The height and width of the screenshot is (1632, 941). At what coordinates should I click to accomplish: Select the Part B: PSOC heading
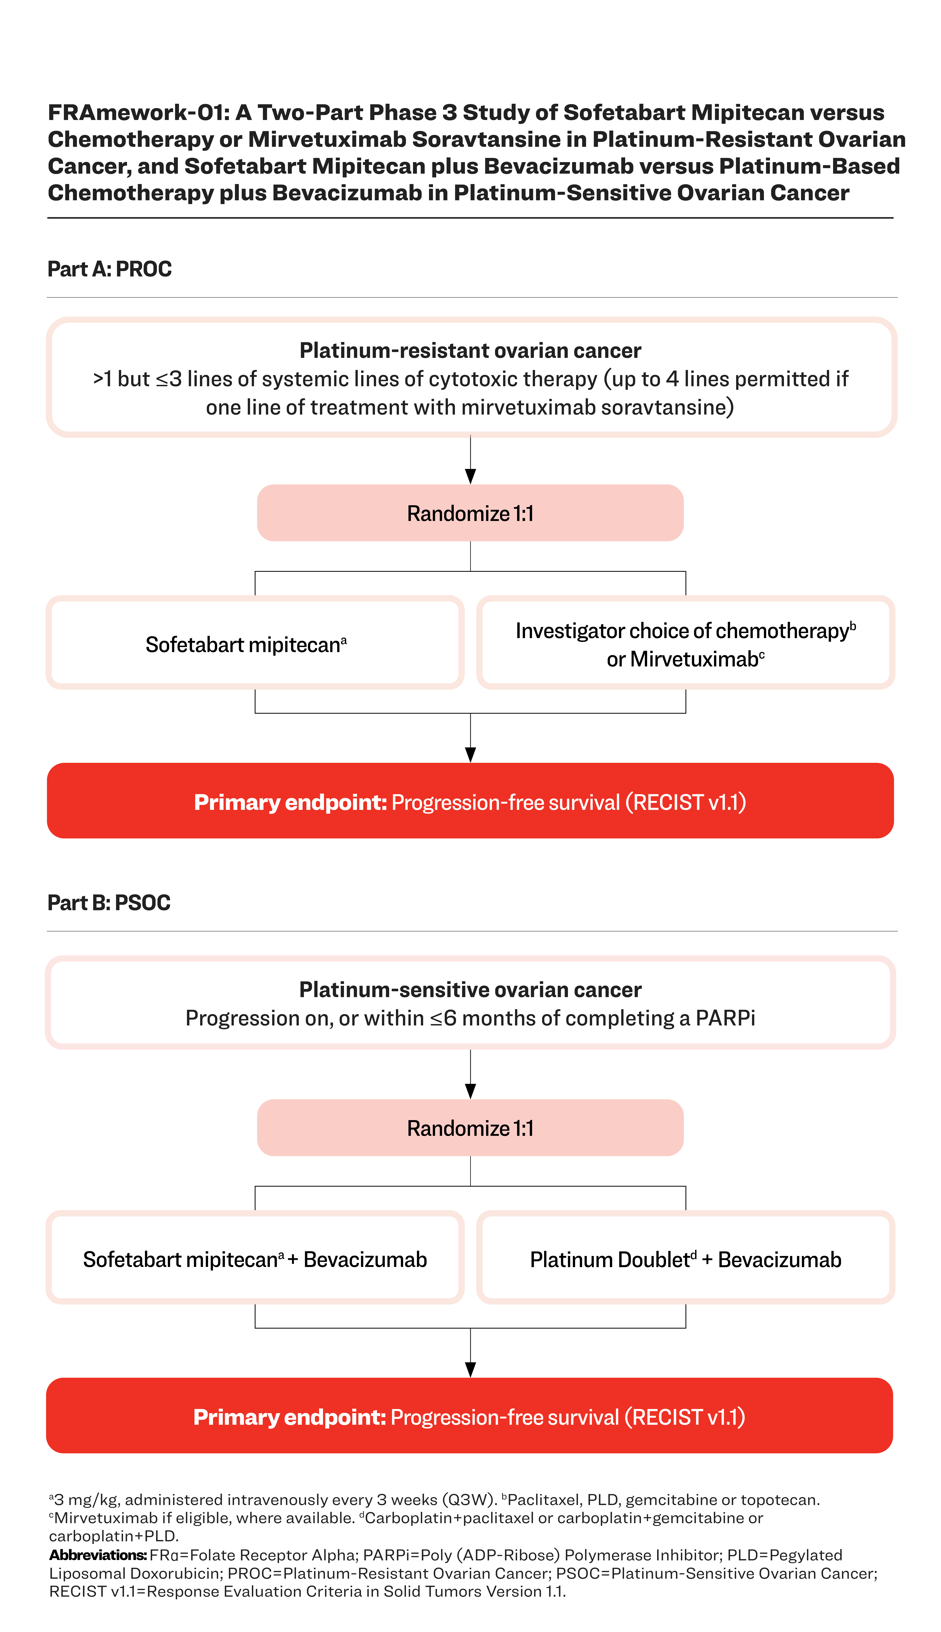tap(109, 903)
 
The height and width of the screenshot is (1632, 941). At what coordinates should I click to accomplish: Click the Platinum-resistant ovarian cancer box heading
tap(471, 351)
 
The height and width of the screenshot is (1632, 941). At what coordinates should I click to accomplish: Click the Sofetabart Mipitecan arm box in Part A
tap(255, 643)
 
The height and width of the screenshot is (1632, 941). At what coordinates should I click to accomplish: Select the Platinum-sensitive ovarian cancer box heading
tap(471, 990)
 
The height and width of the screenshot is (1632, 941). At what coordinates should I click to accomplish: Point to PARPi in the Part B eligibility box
tap(725, 1018)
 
